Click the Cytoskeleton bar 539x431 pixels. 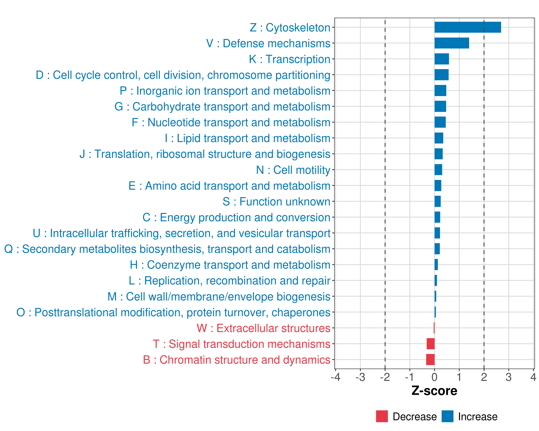pyautogui.click(x=467, y=27)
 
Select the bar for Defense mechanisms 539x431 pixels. pyautogui.click(x=452, y=43)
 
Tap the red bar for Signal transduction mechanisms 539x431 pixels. pyautogui.click(x=430, y=344)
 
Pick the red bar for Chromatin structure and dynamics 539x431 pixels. pyautogui.click(x=430, y=360)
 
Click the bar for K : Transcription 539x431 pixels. pyautogui.click(x=441, y=59)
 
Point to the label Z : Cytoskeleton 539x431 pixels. pyautogui.click(x=290, y=27)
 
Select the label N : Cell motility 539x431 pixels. pyautogui.click(x=293, y=170)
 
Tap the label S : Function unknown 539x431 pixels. pyautogui.click(x=277, y=202)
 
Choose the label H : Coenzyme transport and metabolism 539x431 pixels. pyautogui.click(x=230, y=265)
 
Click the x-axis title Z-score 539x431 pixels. pyautogui.click(x=434, y=391)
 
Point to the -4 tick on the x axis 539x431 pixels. pyautogui.click(x=335, y=377)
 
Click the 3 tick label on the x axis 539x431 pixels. pyautogui.click(x=508, y=377)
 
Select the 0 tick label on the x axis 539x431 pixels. pyautogui.click(x=434, y=377)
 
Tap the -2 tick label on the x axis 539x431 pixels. pyautogui.click(x=385, y=377)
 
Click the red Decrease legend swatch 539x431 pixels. pyautogui.click(x=382, y=416)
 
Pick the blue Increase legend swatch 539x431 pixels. pyautogui.click(x=447, y=416)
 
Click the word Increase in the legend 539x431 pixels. pyautogui.click(x=478, y=416)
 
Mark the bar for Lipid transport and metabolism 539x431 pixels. pyautogui.click(x=439, y=138)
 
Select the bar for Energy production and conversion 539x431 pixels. pyautogui.click(x=437, y=217)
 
